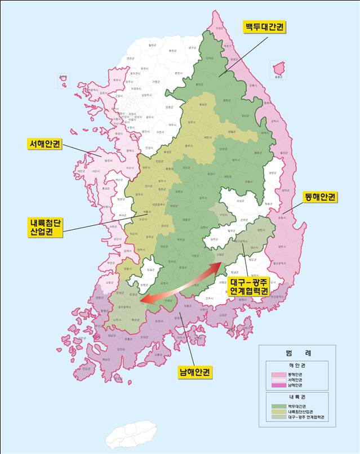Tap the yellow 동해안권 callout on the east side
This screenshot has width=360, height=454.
tap(319, 197)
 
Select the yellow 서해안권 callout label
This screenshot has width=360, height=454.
tap(46, 144)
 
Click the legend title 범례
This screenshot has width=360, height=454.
tap(297, 353)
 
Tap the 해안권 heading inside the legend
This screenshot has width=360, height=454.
tap(297, 365)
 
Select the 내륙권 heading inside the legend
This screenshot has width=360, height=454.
tap(297, 397)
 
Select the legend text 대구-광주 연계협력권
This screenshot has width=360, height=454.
tap(306, 418)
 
